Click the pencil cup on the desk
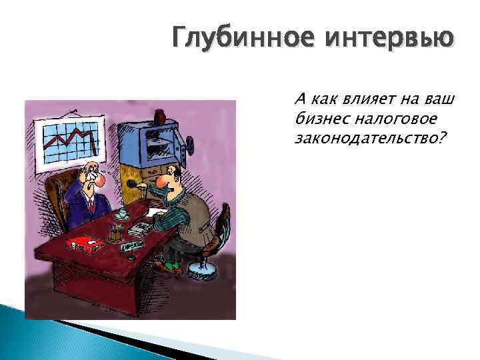pyautogui.click(x=115, y=233)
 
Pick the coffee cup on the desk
pyautogui.click(x=122, y=214)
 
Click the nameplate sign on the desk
pyautogui.click(x=133, y=247)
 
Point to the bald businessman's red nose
pyautogui.click(x=99, y=179)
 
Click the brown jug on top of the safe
pyautogui.click(x=160, y=117)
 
